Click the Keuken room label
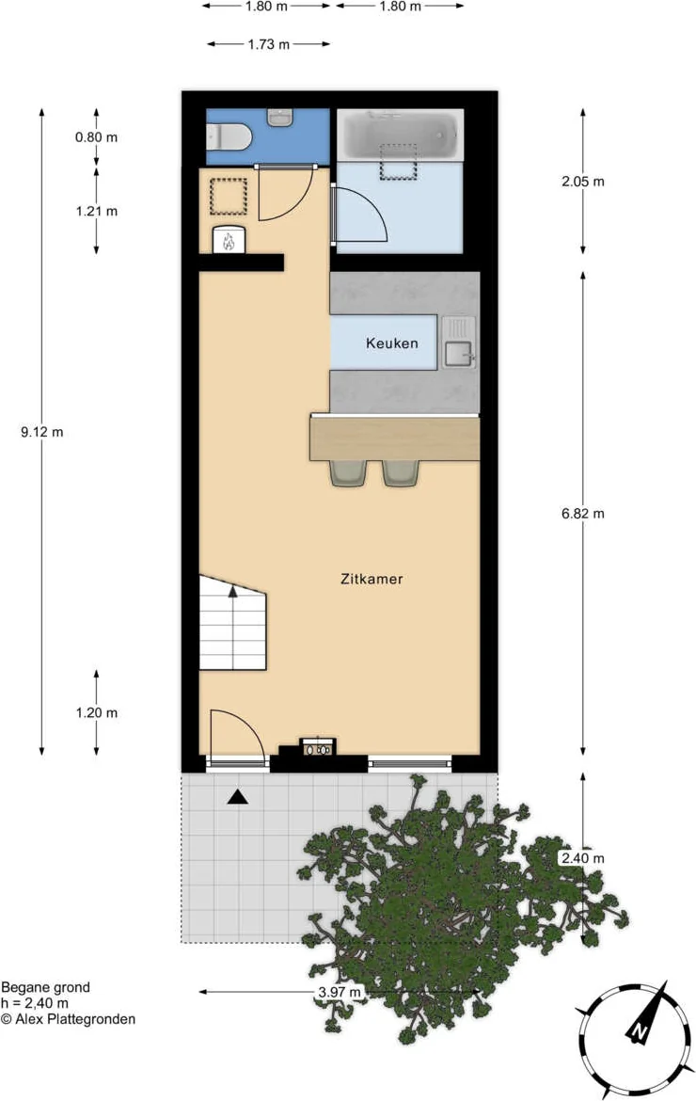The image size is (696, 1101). point(391,343)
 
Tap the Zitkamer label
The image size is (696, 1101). point(372,580)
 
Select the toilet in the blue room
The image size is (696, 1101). point(228,136)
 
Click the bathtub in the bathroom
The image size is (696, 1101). point(400,136)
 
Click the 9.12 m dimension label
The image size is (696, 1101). point(42,432)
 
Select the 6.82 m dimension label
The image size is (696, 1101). point(582,513)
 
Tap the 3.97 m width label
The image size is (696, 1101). point(340,992)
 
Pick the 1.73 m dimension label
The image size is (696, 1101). point(269,44)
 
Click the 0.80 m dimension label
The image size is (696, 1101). point(96,137)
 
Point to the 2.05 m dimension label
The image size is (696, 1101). point(582,182)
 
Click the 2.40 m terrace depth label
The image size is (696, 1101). point(582,858)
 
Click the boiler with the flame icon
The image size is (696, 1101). point(229,239)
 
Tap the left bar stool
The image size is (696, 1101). point(349,473)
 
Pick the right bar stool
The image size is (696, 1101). point(402,473)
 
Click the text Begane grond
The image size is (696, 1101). point(45,987)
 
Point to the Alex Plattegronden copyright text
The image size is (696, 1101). point(68,1019)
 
